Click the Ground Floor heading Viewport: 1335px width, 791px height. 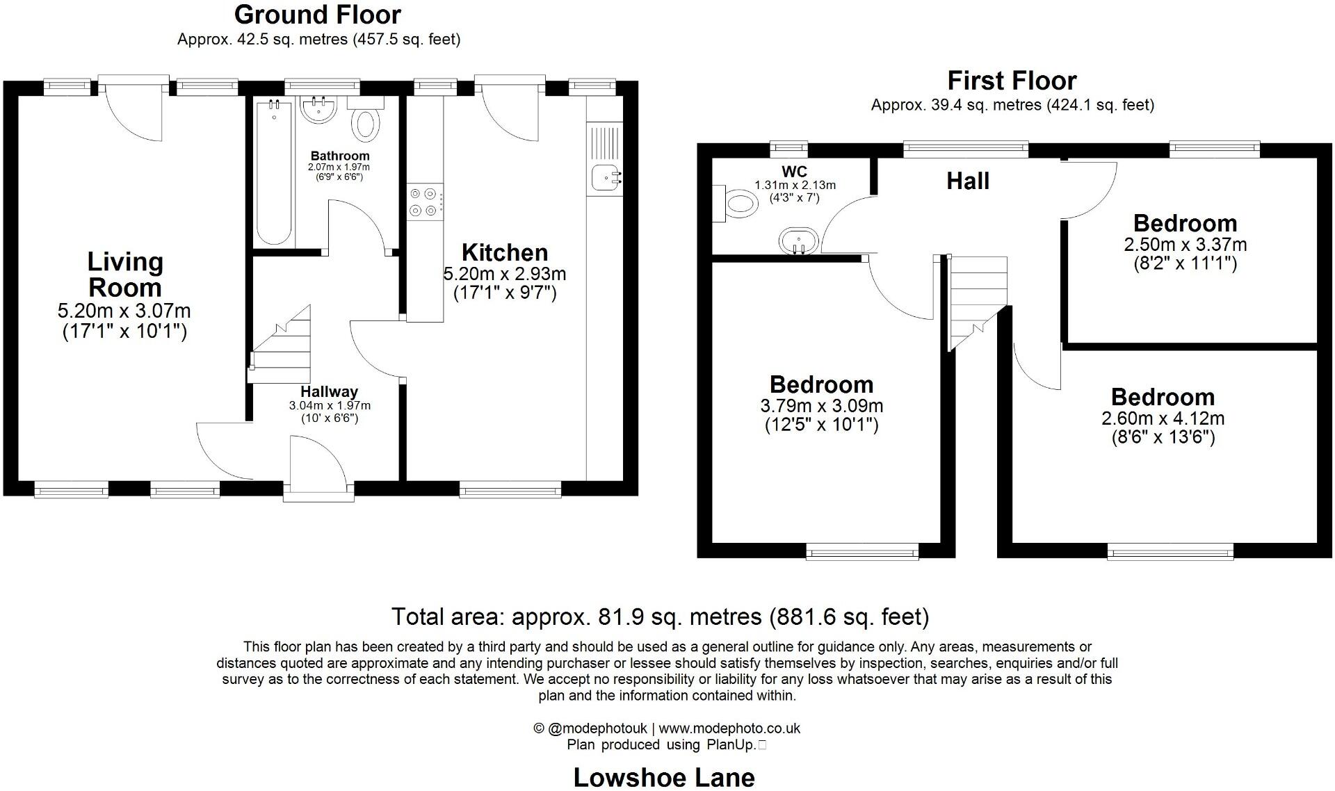coord(317,15)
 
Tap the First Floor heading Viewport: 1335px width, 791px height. coord(1012,81)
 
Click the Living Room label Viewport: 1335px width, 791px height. coord(125,275)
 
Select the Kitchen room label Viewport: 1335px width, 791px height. coord(505,252)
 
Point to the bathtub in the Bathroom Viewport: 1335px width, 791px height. coord(274,172)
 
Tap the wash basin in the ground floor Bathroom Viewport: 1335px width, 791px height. coord(319,110)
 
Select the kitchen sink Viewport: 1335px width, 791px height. coord(606,178)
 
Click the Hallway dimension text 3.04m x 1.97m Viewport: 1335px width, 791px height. coord(330,405)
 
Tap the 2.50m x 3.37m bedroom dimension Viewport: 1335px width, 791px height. coord(1185,245)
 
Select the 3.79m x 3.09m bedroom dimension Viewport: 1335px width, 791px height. coord(822,406)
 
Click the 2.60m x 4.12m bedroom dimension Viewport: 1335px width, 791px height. coord(1163,418)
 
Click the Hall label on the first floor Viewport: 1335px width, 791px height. coord(968,181)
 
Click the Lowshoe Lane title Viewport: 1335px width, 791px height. coord(664,777)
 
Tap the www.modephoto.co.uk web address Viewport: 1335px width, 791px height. coord(729,728)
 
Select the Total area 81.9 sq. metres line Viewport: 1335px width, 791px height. coord(660,617)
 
